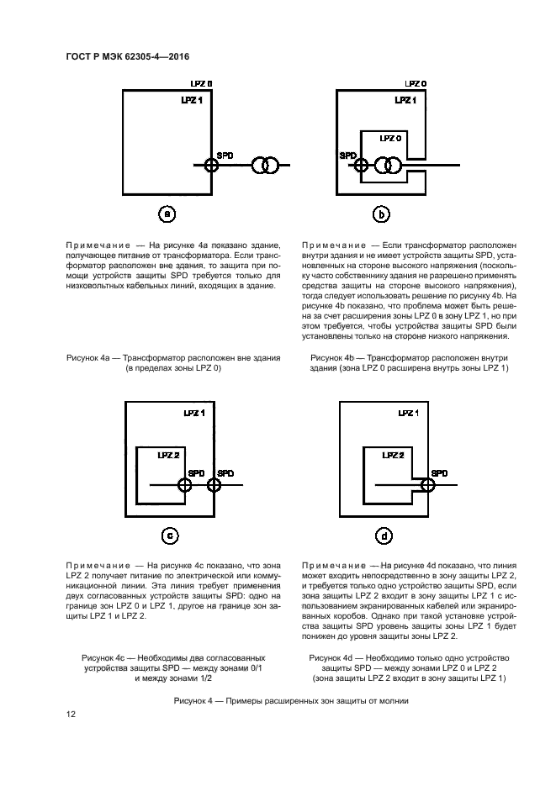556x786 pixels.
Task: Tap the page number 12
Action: point(71,715)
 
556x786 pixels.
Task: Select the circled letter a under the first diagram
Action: point(167,214)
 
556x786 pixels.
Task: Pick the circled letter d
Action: point(383,535)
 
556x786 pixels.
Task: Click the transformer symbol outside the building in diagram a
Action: point(268,166)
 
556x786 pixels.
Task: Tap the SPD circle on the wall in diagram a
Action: point(211,166)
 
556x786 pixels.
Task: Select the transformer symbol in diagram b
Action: point(388,166)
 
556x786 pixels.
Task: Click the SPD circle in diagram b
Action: point(360,166)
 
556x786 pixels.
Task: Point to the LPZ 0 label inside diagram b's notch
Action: point(389,137)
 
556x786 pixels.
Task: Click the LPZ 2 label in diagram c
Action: point(168,455)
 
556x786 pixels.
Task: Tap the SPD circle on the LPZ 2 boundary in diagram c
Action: point(184,485)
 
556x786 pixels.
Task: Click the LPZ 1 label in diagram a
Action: point(192,99)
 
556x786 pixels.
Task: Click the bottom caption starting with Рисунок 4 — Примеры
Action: point(290,699)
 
